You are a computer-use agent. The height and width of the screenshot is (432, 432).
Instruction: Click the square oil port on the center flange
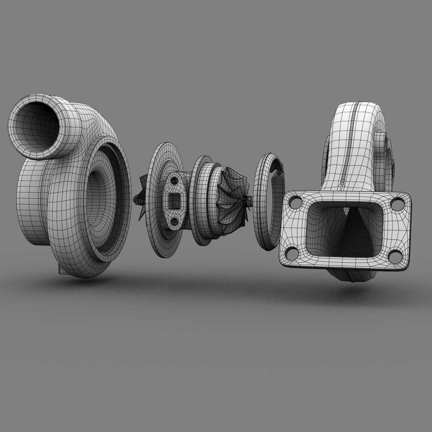[175, 199]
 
